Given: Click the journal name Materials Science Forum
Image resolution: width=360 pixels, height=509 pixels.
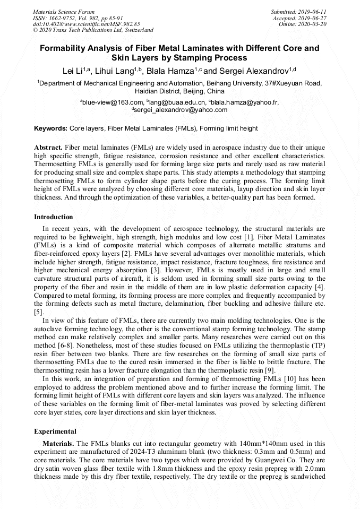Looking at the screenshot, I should [64, 11].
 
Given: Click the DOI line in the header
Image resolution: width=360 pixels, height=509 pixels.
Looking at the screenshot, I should [87, 24].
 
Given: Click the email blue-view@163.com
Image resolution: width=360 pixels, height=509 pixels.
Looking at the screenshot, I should [113, 102].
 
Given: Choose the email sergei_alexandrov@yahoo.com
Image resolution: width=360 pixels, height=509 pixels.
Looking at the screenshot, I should [181, 110].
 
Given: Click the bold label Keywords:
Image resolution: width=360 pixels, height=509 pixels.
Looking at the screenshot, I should [50, 128].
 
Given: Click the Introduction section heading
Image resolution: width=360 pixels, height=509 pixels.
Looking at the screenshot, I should [54, 217].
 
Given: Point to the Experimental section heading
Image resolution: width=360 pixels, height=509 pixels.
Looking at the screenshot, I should [55, 431].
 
